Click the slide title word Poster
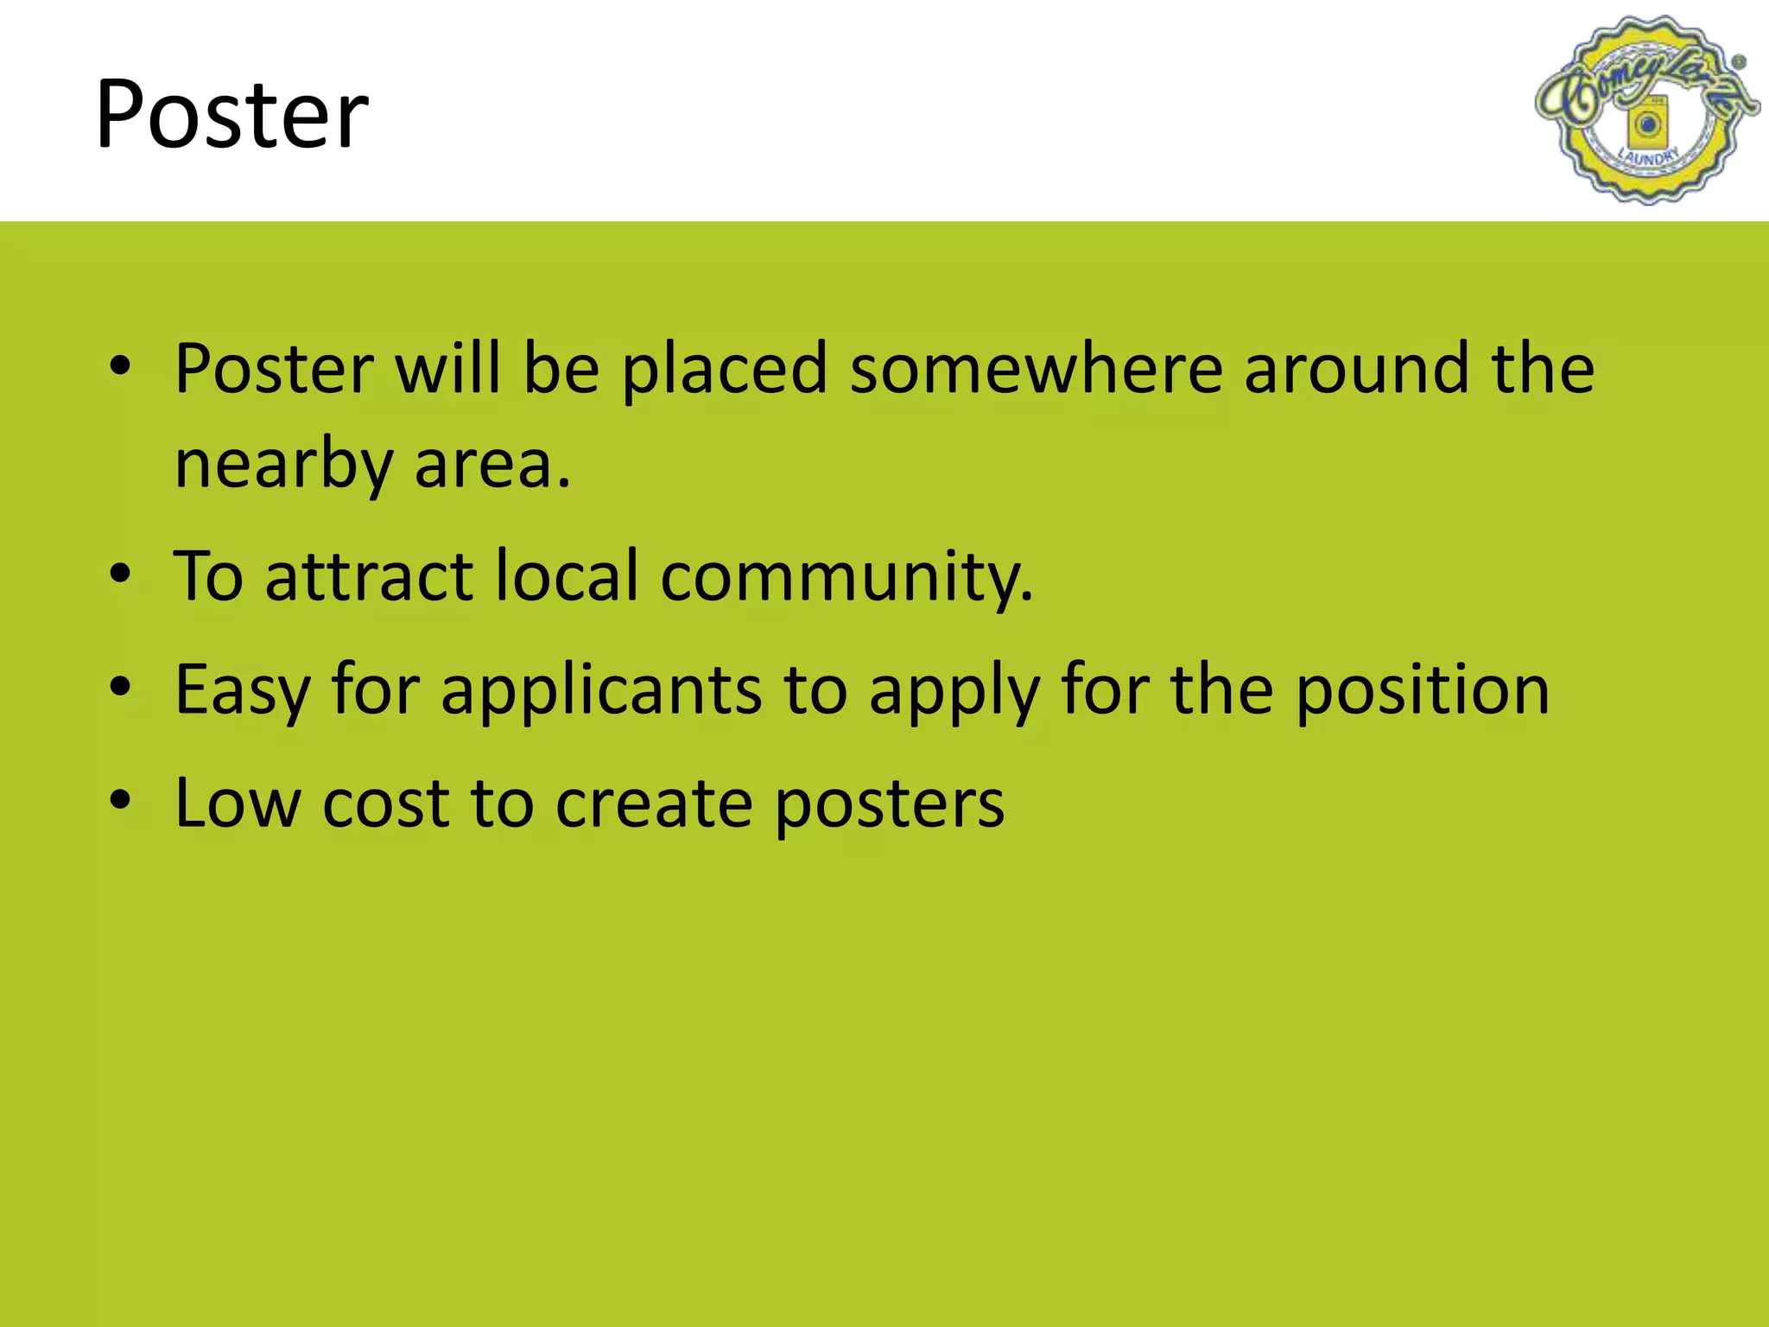[x=231, y=114]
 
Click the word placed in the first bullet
[x=724, y=369]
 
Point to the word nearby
[x=283, y=465]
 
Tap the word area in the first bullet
[x=491, y=465]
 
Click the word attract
[x=369, y=576]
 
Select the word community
[x=846, y=576]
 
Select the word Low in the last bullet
[x=238, y=803]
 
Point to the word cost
[x=385, y=803]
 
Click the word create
[x=653, y=803]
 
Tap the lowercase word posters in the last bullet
[x=890, y=803]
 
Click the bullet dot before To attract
[x=120, y=573]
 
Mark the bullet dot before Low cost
[x=120, y=799]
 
